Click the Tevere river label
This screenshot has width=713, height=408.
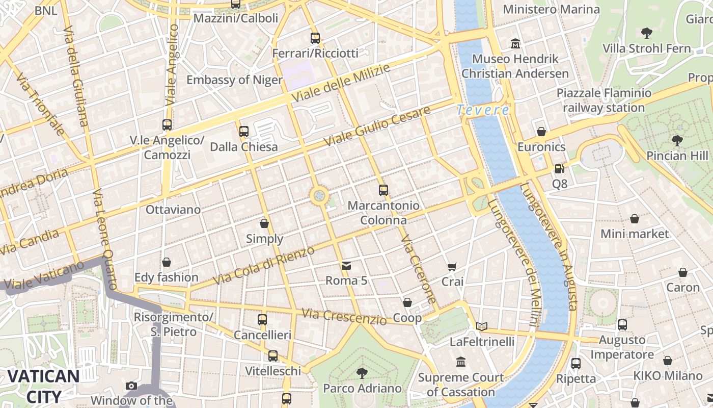482,110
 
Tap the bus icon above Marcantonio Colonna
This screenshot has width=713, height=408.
383,190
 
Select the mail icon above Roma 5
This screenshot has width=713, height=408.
346,265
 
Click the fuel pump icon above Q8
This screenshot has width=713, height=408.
559,168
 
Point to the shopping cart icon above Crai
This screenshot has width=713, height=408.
452,266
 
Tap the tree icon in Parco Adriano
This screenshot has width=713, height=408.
362,373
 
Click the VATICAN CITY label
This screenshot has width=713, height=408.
43,386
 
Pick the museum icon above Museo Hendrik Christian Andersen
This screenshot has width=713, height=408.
515,43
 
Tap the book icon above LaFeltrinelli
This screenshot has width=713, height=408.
482,326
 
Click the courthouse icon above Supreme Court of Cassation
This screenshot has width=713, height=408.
461,362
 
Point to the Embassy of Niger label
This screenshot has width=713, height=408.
234,80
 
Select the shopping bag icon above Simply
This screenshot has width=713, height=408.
264,223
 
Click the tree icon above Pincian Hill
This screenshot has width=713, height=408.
677,140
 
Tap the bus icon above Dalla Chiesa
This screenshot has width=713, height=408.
244,132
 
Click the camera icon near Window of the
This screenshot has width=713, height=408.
131,386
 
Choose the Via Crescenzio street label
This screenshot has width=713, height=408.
344,317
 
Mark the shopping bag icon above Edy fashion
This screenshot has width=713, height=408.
166,262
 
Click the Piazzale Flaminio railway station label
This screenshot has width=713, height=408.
604,100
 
